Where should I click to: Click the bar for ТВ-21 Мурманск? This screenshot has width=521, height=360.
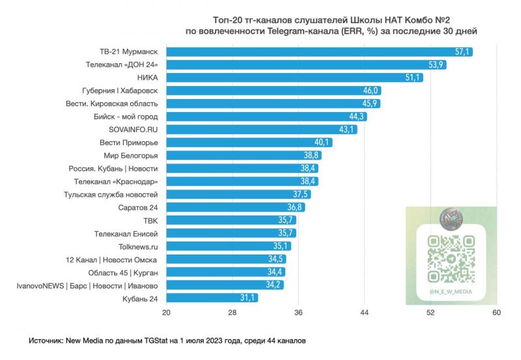click(x=319, y=51)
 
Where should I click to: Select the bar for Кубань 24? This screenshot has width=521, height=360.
click(x=212, y=298)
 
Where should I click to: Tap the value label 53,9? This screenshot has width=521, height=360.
click(x=436, y=64)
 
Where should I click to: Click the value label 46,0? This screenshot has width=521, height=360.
click(x=371, y=90)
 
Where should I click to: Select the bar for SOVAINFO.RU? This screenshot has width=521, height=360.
click(x=261, y=130)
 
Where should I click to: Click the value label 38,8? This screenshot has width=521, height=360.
click(x=310, y=156)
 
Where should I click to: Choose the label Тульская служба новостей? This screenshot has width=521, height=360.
click(x=111, y=194)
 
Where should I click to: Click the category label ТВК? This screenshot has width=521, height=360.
click(x=151, y=220)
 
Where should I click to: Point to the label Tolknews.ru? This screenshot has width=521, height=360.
click(x=139, y=246)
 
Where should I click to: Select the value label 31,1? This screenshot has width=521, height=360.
click(x=248, y=298)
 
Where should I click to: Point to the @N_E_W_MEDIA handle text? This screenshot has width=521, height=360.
click(x=450, y=292)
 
